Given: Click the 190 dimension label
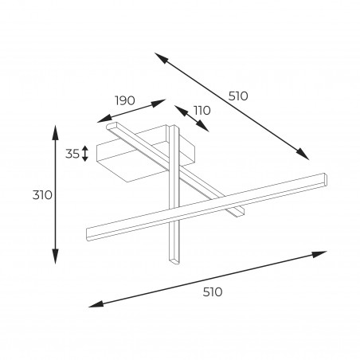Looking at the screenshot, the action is tap(125, 100).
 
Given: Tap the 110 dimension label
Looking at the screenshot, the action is tap(202, 110).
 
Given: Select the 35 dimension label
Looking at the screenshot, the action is tap(72, 154).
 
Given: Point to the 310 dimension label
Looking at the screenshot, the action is tap(42, 195).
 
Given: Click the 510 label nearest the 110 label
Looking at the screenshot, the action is tap(238, 96).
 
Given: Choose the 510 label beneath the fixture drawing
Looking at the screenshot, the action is tap(213, 292).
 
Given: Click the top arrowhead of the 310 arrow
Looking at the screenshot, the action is tap(55, 132).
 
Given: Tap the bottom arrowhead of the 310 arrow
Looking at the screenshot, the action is tap(55, 256).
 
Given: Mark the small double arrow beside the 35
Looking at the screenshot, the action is tap(84, 154).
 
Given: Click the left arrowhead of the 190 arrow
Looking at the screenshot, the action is tap(104, 119).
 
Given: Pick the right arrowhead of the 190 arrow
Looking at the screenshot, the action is tap(158, 103).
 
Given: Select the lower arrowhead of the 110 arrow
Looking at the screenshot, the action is tap(202, 126).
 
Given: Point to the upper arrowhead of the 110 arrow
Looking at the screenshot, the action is tap(181, 111).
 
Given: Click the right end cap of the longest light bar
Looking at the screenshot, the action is tap(325, 178).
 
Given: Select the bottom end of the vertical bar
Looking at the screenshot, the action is tap(174, 261).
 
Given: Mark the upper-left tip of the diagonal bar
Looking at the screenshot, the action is tap(111, 126).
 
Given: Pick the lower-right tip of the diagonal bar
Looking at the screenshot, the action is tap(239, 213).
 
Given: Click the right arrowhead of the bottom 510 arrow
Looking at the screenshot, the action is tap(319, 254).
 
